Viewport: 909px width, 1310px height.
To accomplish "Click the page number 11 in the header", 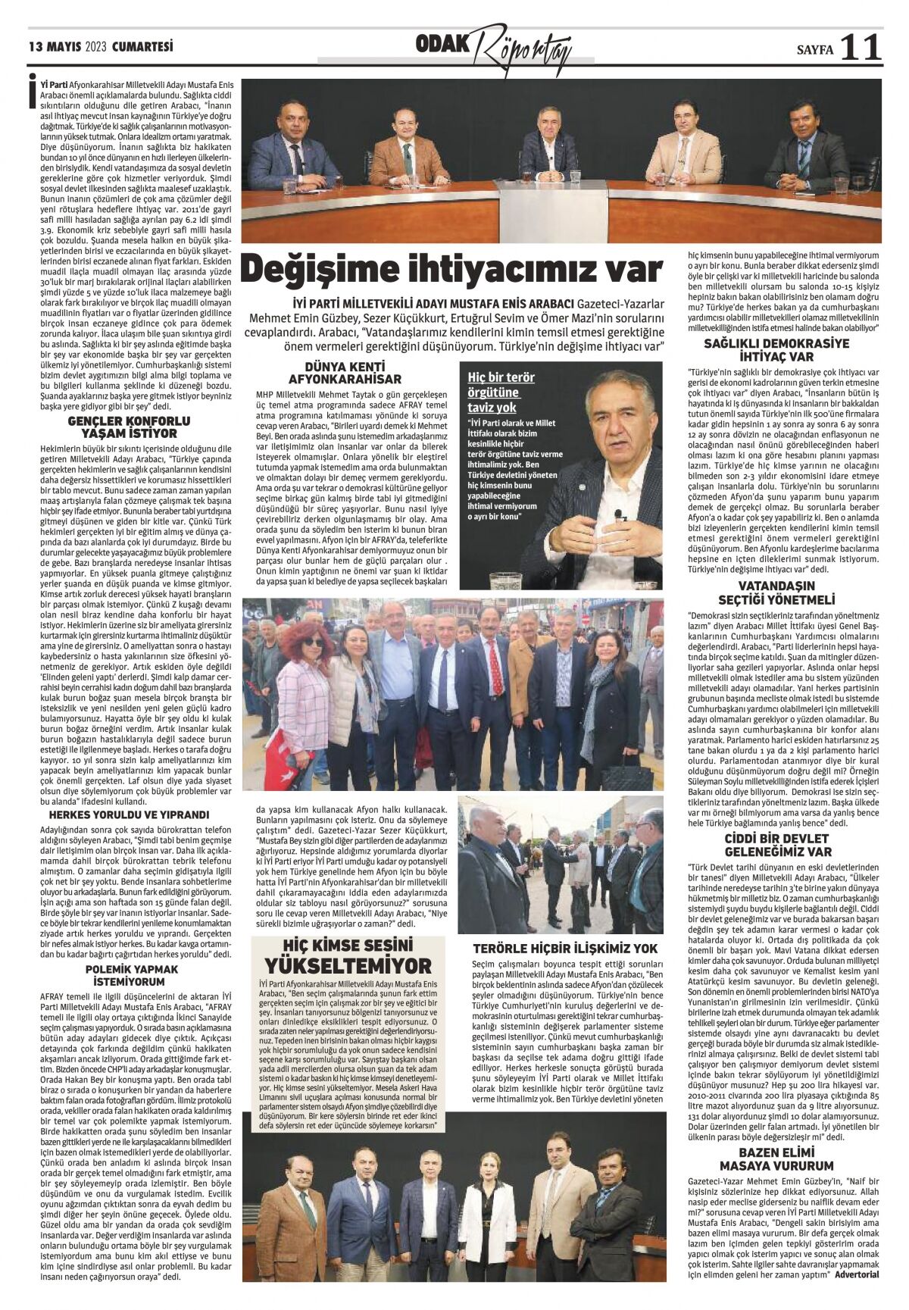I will click(x=861, y=48).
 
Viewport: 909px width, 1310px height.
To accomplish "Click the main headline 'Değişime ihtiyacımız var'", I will click(x=452, y=270).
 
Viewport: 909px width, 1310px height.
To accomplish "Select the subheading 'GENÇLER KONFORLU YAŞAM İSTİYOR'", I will click(x=129, y=427).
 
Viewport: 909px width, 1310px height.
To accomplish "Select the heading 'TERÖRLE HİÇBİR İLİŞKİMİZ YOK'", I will click(x=565, y=948).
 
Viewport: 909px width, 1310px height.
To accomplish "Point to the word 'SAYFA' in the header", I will click(x=814, y=50).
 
